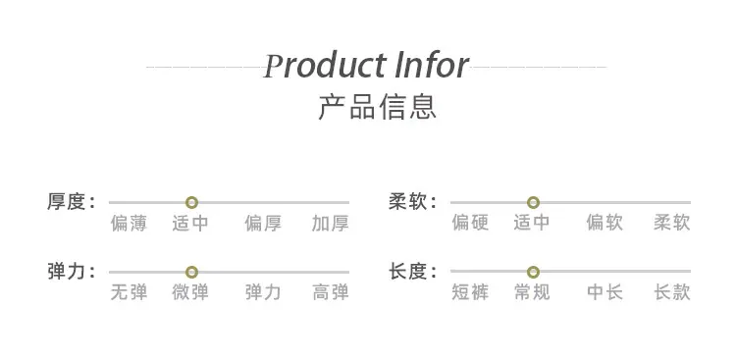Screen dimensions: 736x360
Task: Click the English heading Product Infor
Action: tap(366, 66)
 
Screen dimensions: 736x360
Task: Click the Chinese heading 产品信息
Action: tap(378, 107)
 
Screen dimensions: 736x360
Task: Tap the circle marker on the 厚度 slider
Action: tap(191, 203)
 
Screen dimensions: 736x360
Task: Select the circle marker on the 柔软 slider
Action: tap(533, 203)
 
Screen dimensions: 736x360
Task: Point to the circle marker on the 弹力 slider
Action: tap(191, 273)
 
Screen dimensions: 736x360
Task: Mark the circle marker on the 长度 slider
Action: tap(533, 273)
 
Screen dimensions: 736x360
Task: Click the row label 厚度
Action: tap(66, 202)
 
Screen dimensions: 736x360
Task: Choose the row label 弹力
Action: tap(66, 272)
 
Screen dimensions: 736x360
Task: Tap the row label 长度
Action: tap(407, 272)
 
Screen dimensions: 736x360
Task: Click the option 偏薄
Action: tap(130, 224)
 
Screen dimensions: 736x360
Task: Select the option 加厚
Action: tap(331, 224)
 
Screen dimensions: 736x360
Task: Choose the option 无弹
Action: tap(130, 293)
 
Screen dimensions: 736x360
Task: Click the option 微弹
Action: tap(190, 293)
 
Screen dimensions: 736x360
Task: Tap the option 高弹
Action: tap(331, 293)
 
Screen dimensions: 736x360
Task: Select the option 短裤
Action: tap(470, 293)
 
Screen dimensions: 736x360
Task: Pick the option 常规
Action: tap(532, 293)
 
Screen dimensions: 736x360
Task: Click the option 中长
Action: tap(605, 293)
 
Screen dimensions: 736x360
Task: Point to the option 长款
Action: tap(672, 293)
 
